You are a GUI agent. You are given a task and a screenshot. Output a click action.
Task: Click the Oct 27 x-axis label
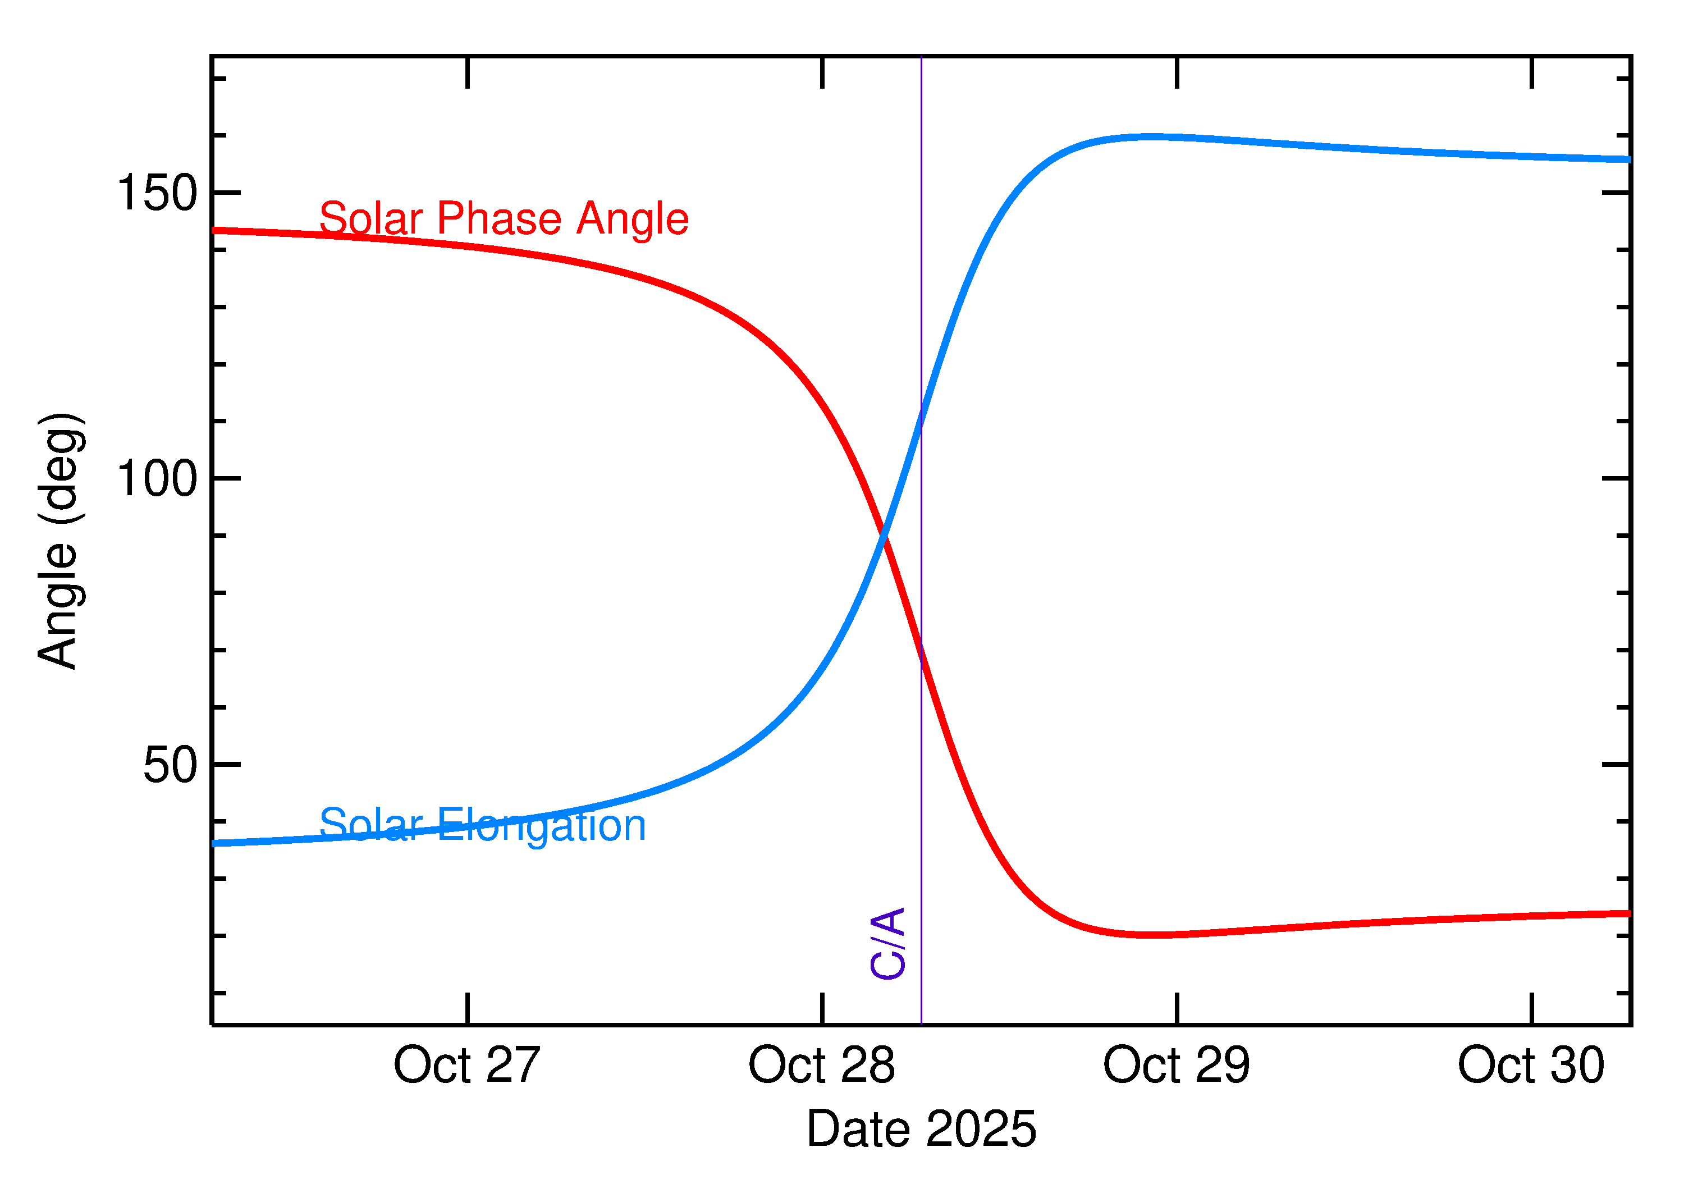(x=466, y=1066)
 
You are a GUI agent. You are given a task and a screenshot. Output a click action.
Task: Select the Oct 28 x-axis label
(x=821, y=1066)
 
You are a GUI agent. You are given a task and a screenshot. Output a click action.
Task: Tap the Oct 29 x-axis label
(x=1176, y=1066)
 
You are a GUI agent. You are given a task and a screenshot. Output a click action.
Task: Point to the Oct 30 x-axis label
(x=1531, y=1066)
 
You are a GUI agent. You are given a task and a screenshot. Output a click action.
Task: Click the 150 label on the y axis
(x=157, y=193)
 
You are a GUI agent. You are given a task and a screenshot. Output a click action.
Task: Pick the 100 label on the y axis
(x=157, y=479)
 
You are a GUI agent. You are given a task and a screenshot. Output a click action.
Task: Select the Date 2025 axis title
(x=921, y=1129)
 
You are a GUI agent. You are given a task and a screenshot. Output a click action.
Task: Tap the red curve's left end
(x=214, y=231)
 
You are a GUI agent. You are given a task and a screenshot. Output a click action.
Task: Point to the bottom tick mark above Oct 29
(x=1177, y=1008)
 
